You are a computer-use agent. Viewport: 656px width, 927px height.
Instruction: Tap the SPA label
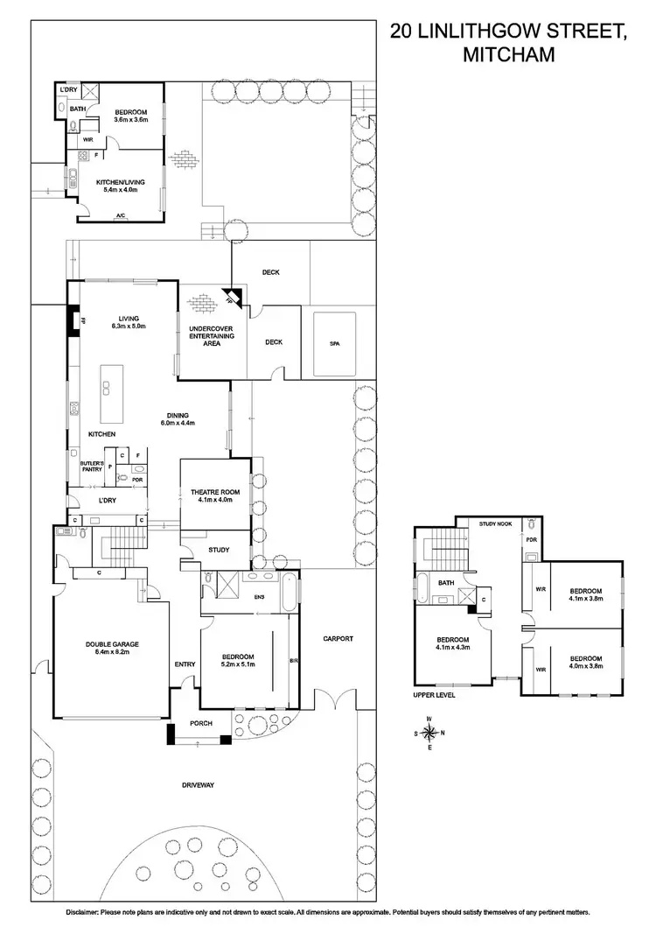point(334,344)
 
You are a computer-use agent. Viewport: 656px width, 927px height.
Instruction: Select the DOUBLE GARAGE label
point(112,643)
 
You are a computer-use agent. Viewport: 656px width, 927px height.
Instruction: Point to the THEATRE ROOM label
point(214,495)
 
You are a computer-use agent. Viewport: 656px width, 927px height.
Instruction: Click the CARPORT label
point(337,639)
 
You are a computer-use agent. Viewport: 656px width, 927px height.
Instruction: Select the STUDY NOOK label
point(495,523)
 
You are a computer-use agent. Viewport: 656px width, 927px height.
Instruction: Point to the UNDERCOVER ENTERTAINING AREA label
point(205,336)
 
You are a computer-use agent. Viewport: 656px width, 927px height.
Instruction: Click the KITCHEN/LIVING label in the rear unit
point(120,182)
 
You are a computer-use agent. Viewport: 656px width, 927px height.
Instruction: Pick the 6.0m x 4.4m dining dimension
point(177,423)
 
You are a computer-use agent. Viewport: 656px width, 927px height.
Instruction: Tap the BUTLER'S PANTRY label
point(92,467)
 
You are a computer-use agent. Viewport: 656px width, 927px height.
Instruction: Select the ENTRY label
point(185,664)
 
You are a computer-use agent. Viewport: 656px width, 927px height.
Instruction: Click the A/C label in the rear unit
point(119,214)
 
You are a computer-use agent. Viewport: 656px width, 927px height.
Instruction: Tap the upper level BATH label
point(446,582)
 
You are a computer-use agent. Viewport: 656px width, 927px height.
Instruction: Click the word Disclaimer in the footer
point(85,913)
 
